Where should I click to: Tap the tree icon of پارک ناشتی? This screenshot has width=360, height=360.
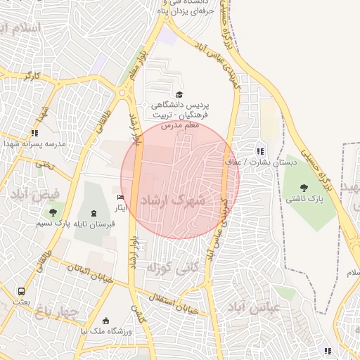pyautogui.click(x=304, y=188)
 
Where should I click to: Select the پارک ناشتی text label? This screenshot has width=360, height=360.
pyautogui.click(x=304, y=200)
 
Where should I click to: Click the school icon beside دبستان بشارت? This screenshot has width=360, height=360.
pyautogui.click(x=260, y=150)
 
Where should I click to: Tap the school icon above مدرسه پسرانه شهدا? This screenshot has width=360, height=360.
pyautogui.click(x=35, y=132)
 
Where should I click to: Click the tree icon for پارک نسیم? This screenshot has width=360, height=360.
pyautogui.click(x=51, y=212)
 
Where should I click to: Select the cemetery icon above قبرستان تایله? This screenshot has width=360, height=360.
pyautogui.click(x=94, y=213)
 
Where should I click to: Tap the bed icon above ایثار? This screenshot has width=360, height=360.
pyautogui.click(x=120, y=198)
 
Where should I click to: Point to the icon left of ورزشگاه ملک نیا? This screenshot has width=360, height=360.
pyautogui.click(x=105, y=321)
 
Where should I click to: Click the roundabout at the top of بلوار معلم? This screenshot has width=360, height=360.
pyautogui.click(x=127, y=90)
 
